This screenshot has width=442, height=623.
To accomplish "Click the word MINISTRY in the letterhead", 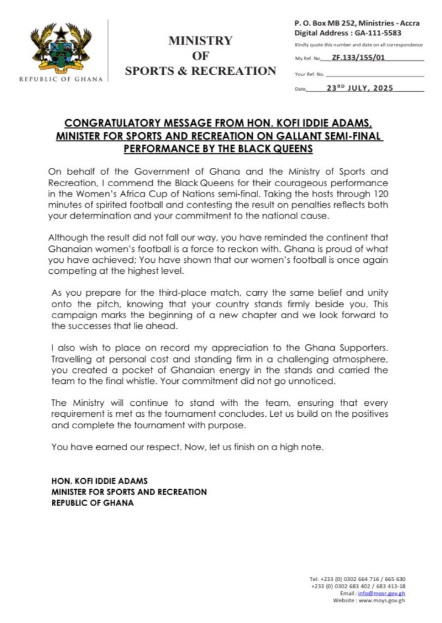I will click(x=200, y=41).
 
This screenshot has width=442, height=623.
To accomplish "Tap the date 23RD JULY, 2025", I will click(x=360, y=88).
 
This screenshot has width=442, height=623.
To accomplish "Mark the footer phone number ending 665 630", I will click(x=392, y=579).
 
